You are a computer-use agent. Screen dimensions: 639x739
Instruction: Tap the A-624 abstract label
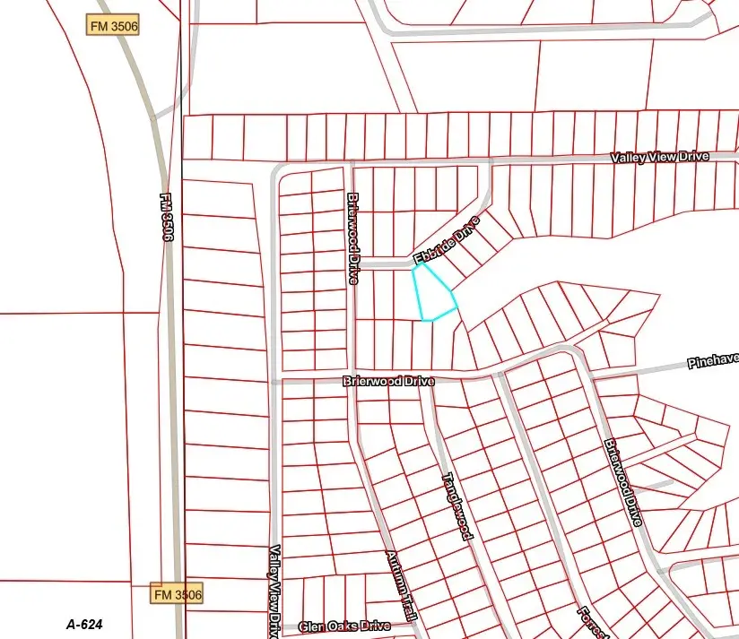pos(85,624)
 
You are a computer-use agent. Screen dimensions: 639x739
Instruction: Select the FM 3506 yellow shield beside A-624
pos(177,593)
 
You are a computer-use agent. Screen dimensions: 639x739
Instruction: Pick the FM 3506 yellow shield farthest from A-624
pos(113,25)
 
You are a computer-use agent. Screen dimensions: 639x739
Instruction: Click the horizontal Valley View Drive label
pos(659,157)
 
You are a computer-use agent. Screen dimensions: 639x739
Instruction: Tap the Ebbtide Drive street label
pos(447,242)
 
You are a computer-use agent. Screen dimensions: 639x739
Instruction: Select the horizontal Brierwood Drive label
pos(388,381)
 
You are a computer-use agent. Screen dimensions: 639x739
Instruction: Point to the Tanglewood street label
pos(456,505)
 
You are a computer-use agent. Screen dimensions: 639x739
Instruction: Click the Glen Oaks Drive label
pos(344,626)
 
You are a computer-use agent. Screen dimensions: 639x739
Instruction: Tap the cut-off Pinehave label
pos(713,360)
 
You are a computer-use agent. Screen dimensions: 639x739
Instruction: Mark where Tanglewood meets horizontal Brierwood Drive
pos(433,380)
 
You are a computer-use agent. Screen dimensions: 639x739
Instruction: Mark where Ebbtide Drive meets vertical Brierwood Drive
pos(352,263)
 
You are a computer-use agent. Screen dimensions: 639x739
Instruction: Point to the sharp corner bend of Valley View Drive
pos(274,168)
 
